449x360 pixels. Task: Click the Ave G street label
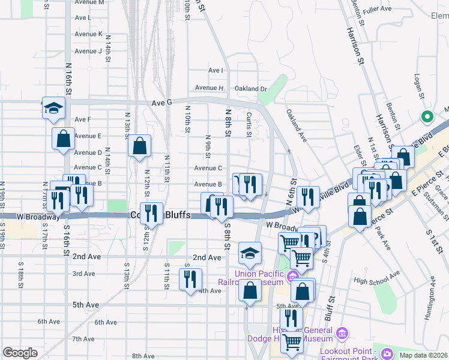161,103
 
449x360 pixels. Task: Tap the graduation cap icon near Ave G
53,107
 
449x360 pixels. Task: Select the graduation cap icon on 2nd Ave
250,253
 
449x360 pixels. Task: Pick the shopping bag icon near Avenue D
139,146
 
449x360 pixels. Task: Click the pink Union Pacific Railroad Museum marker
292,276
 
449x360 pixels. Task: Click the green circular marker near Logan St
427,117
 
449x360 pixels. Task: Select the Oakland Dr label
250,89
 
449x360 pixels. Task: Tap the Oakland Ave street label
296,125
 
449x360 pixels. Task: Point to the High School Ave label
376,280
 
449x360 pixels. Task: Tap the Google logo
20,353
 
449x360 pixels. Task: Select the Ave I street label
215,70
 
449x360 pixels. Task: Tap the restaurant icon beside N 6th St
307,197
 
